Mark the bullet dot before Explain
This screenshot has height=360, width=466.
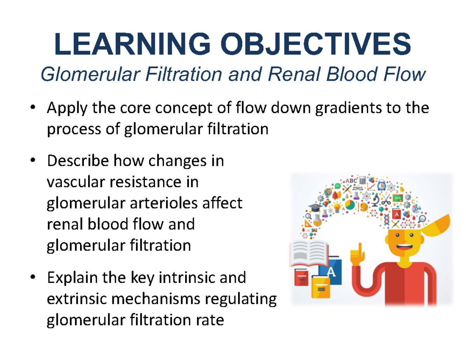pos(33,277)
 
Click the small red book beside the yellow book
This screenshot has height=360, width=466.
pos(302,277)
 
